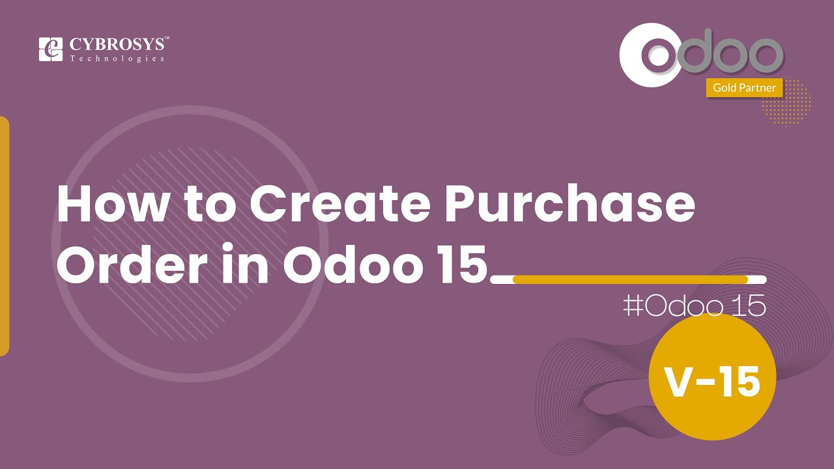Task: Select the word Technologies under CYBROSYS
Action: (x=117, y=59)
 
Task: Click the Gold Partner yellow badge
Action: (x=744, y=87)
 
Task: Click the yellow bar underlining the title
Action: (x=629, y=279)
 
